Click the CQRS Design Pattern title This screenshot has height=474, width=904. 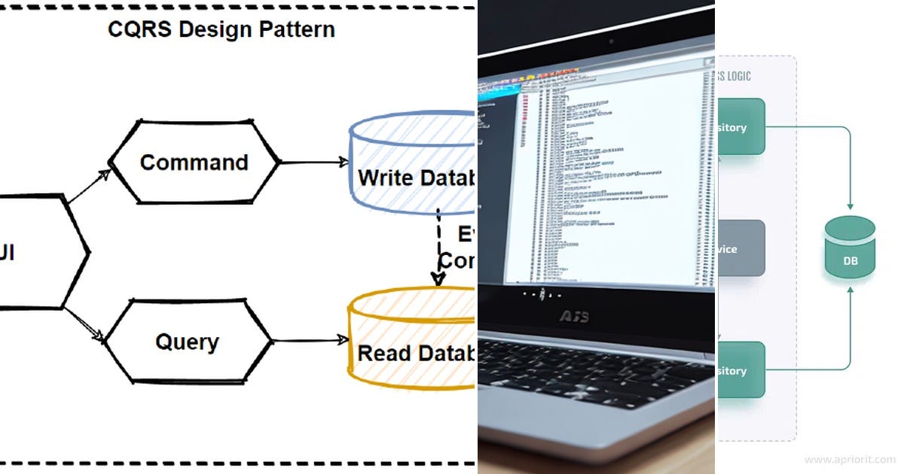221,30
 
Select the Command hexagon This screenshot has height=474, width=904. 194,162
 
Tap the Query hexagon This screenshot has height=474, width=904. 187,342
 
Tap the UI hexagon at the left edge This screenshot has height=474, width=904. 38,253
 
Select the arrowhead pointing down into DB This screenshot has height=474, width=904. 851,205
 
